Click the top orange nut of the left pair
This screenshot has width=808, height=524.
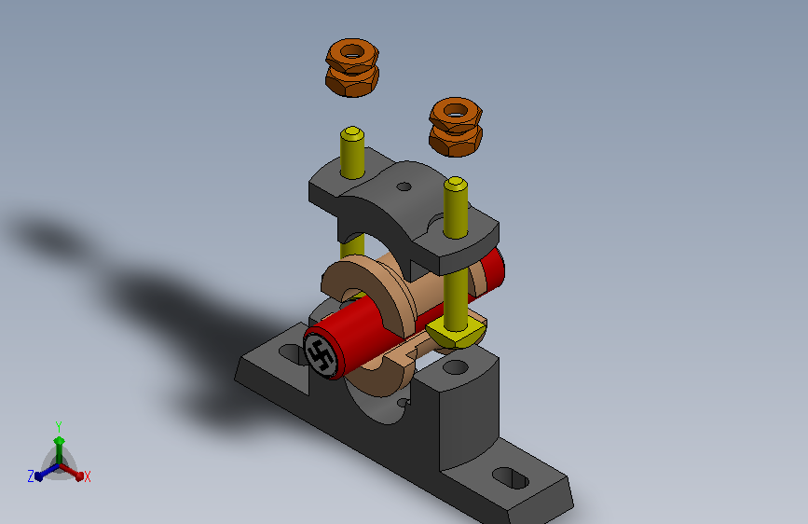[x=352, y=54]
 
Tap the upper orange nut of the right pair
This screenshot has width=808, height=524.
[x=456, y=113]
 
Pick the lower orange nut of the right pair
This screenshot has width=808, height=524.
[x=456, y=142]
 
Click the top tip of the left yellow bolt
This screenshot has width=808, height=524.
[x=352, y=130]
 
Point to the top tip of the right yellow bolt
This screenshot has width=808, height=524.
[x=456, y=181]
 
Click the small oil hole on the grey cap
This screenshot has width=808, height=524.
[x=404, y=186]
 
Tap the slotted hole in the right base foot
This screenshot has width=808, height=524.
[x=511, y=478]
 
